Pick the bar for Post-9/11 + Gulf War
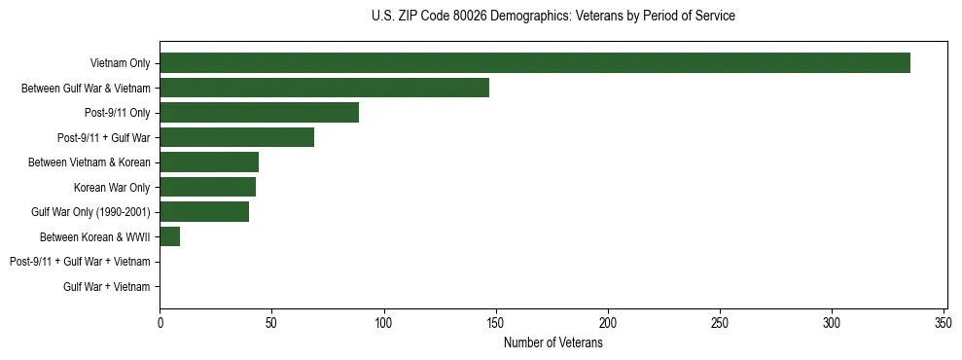click(x=236, y=137)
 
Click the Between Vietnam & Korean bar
click(x=209, y=162)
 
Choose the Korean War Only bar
click(x=207, y=187)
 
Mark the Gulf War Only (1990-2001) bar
click(x=204, y=212)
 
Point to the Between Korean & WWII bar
click(x=170, y=236)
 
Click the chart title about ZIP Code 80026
click(x=553, y=17)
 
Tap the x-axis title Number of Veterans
click(x=553, y=343)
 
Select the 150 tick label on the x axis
click(x=496, y=322)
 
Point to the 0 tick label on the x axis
click(x=160, y=322)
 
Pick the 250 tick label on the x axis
click(x=720, y=322)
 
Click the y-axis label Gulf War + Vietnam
click(x=107, y=287)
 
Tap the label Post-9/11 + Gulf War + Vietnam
click(x=80, y=262)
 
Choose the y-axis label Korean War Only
click(x=112, y=187)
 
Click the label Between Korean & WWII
click(x=95, y=236)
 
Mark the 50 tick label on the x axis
click(x=272, y=322)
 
